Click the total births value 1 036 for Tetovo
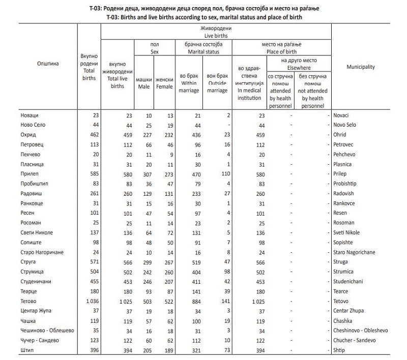point(90,301)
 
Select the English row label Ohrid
point(340,135)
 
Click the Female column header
point(164,83)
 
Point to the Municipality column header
point(361,67)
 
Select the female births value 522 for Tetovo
point(166,301)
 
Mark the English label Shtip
point(339,350)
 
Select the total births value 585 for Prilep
point(92,174)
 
